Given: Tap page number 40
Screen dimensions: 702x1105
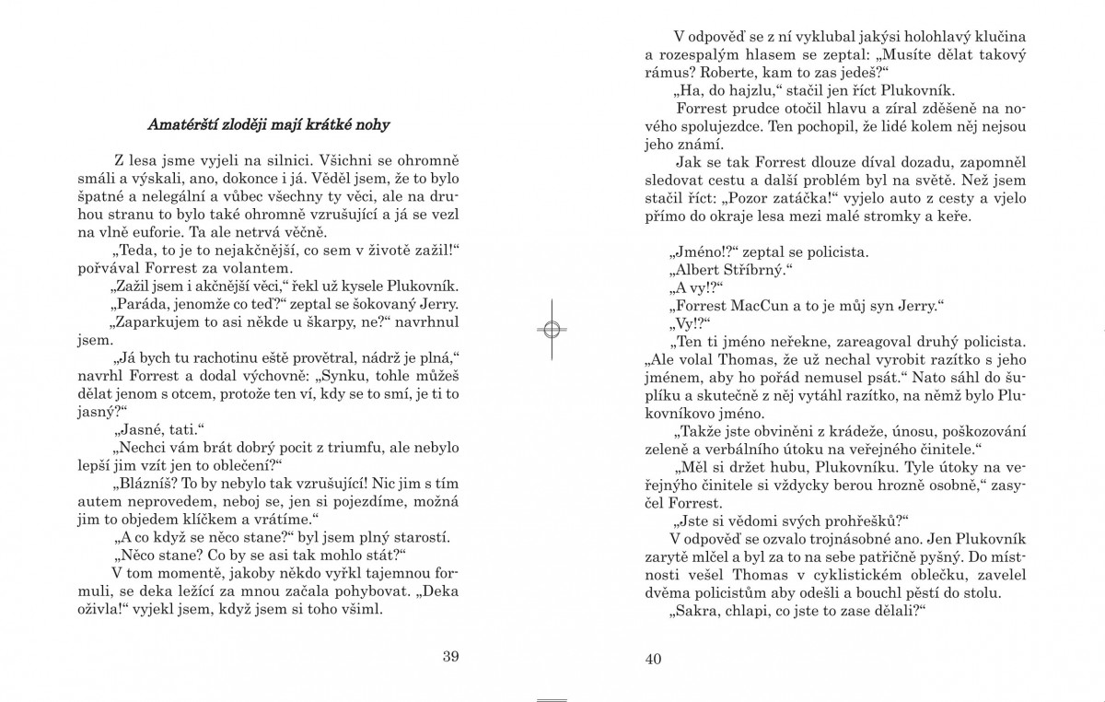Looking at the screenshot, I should point(654,658).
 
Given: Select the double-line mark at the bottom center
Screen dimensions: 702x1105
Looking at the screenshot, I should point(551,700).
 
